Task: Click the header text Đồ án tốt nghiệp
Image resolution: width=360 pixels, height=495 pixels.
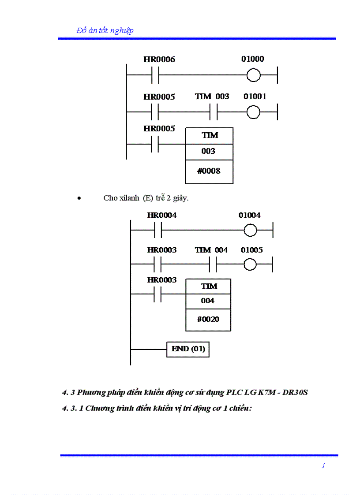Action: [x=105, y=30]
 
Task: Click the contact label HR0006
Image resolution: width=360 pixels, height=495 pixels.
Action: [x=159, y=60]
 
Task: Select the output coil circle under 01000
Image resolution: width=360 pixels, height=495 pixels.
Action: [x=254, y=76]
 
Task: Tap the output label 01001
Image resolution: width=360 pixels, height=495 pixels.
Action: [x=255, y=97]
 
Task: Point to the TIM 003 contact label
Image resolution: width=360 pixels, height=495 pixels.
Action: [x=212, y=97]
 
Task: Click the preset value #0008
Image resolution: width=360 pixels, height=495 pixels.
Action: [x=209, y=171]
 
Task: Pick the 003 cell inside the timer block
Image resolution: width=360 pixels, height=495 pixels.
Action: [x=208, y=151]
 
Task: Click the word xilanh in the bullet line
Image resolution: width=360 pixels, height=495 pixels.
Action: [x=130, y=198]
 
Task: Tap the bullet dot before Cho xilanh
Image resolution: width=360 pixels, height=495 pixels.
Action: [x=79, y=198]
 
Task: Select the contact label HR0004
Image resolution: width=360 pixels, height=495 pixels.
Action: [x=162, y=215]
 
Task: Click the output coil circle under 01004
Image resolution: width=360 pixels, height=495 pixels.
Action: [x=250, y=230]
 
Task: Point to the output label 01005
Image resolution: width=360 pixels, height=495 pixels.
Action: [x=251, y=250]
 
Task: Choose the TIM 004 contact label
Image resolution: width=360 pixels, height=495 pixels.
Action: [x=211, y=250]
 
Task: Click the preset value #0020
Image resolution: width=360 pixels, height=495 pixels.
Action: [x=208, y=319]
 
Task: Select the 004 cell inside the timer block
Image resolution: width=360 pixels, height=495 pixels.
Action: [x=208, y=301]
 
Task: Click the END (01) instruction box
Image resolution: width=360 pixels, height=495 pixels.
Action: [x=188, y=349]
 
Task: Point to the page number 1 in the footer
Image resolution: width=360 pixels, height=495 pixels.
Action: [x=323, y=465]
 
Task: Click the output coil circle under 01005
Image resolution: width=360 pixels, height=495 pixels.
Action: [x=250, y=264]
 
